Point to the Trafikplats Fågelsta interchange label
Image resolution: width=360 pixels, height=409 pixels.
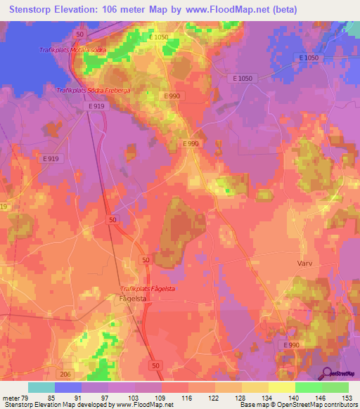pyautogui.click(x=148, y=289)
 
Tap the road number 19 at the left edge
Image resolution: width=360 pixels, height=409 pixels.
pyautogui.click(x=4, y=207)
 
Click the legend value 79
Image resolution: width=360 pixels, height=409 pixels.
pyautogui.click(x=26, y=397)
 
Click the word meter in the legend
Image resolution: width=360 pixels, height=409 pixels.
pyautogui.click(x=11, y=397)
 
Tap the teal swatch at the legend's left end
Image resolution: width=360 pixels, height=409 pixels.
pyautogui.click(x=41, y=387)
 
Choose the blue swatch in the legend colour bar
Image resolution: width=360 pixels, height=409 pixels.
pyautogui.click(x=68, y=387)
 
